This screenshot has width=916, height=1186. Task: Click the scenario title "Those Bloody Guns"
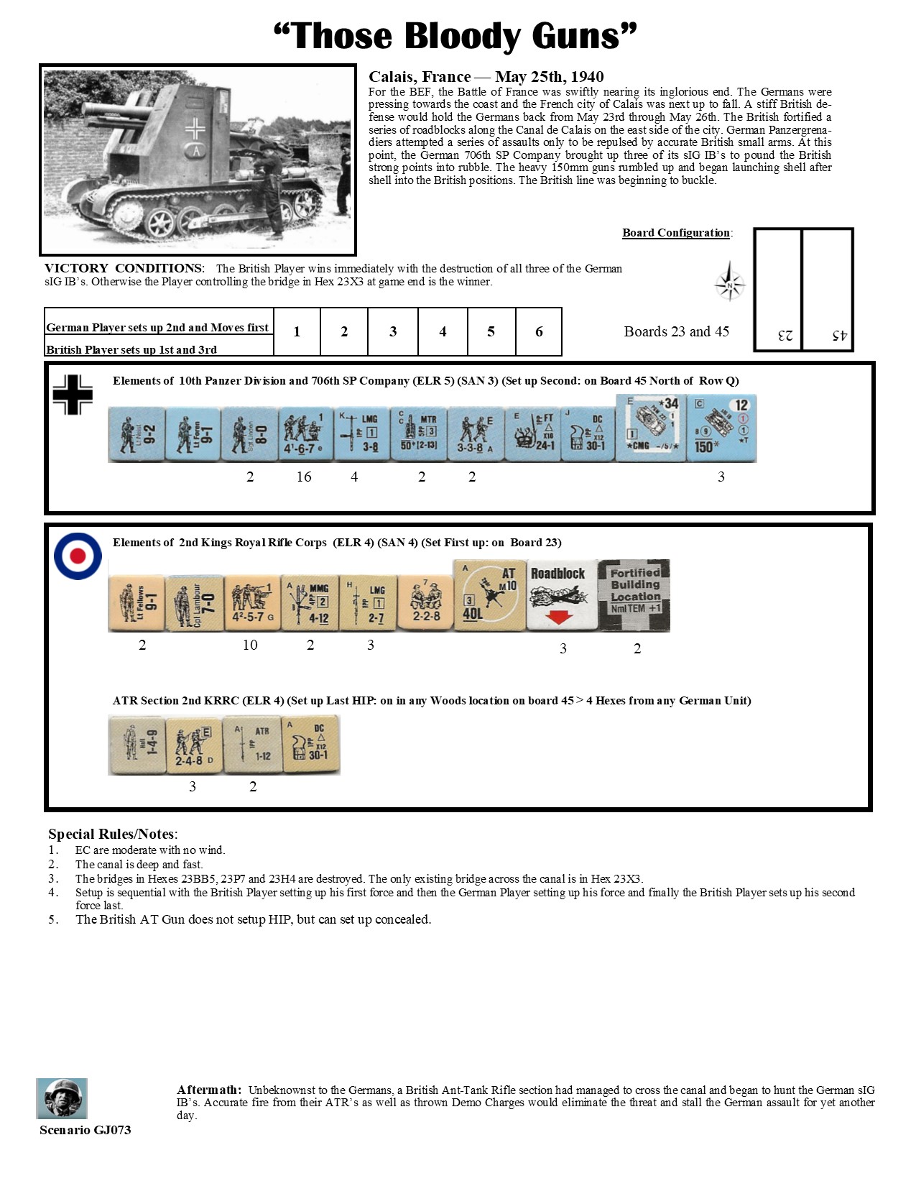pyautogui.click(x=455, y=36)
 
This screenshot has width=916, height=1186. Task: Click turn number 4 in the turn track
pyautogui.click(x=443, y=331)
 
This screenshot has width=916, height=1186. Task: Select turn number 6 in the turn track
pyautogui.click(x=539, y=331)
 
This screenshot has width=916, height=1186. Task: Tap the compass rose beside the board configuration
pyautogui.click(x=730, y=283)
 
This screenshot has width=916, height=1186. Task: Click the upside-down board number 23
pyautogui.click(x=785, y=336)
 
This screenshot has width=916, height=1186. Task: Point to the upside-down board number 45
pyautogui.click(x=839, y=336)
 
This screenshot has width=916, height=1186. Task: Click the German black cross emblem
pyautogui.click(x=73, y=395)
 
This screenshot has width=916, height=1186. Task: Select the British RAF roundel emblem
pyautogui.click(x=78, y=556)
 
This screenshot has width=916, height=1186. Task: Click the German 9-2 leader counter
pyautogui.click(x=137, y=434)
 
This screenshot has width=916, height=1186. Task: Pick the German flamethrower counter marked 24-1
pyautogui.click(x=533, y=434)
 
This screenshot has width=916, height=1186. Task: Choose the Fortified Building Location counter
pyautogui.click(x=634, y=595)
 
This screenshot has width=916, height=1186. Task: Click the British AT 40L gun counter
pyautogui.click(x=490, y=595)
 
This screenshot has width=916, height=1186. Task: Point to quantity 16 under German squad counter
pyautogui.click(x=304, y=477)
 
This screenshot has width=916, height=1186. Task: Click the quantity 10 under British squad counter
pyautogui.click(x=250, y=645)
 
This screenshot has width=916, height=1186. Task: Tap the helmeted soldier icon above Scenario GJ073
pyautogui.click(x=62, y=1098)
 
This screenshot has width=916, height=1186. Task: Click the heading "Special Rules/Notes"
pyautogui.click(x=112, y=834)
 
